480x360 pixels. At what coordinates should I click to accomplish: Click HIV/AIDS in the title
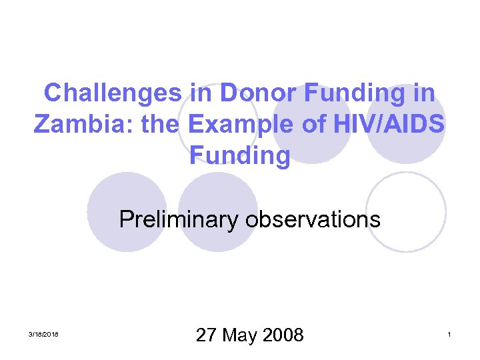coord(392,124)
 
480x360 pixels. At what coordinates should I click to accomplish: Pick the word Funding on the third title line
coord(240,155)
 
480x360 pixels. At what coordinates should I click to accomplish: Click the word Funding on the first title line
coord(358,93)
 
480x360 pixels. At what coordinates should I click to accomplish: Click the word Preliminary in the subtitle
coord(178,219)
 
